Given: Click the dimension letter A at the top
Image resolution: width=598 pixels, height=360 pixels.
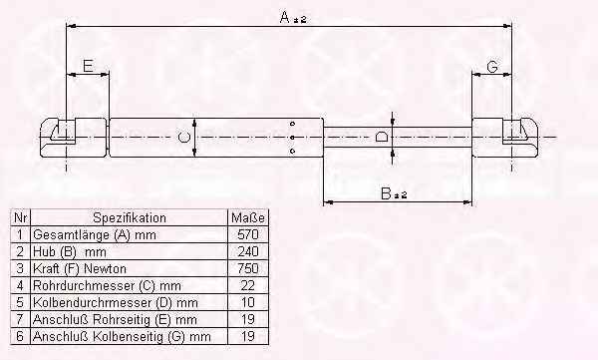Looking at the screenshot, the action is point(285,17).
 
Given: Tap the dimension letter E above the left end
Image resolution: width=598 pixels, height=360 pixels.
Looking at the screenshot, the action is point(88,66).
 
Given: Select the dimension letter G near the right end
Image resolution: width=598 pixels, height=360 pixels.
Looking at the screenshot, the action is point(492,67).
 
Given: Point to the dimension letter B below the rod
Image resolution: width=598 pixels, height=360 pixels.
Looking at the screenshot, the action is point(386,193).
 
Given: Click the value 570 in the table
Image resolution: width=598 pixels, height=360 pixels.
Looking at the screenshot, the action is point(248,234).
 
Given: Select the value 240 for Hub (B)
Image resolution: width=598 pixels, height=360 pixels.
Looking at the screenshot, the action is point(248,251).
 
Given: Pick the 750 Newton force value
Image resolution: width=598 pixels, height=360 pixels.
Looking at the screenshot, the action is point(248,268).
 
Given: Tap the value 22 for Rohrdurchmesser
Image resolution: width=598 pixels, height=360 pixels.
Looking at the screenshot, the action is point(248,285).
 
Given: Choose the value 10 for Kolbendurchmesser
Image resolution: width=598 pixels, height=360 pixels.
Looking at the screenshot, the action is point(248,302).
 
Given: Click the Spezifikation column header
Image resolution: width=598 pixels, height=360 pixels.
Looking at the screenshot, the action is point(130,218).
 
